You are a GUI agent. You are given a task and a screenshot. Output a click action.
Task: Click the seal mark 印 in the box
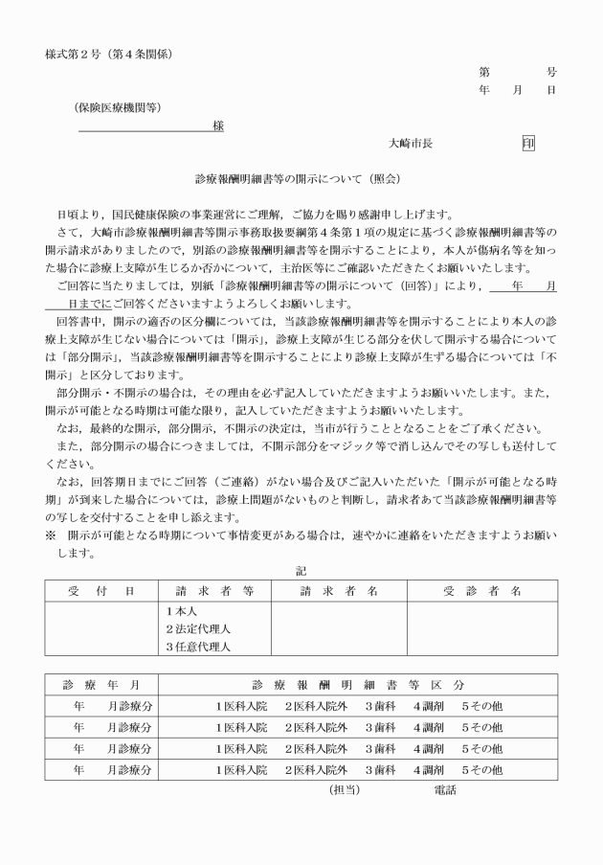(x=528, y=143)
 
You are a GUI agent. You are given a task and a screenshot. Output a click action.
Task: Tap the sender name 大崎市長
(x=411, y=143)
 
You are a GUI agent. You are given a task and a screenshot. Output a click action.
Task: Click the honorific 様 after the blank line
(x=218, y=125)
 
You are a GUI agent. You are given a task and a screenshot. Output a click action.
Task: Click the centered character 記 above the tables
(x=302, y=572)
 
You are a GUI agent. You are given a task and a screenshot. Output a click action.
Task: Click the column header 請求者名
(x=339, y=591)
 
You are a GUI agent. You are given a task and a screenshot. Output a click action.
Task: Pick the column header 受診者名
(x=481, y=591)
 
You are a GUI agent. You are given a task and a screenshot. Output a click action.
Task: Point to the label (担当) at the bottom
(x=344, y=790)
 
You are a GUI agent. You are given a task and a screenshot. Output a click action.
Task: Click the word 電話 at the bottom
(x=444, y=790)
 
